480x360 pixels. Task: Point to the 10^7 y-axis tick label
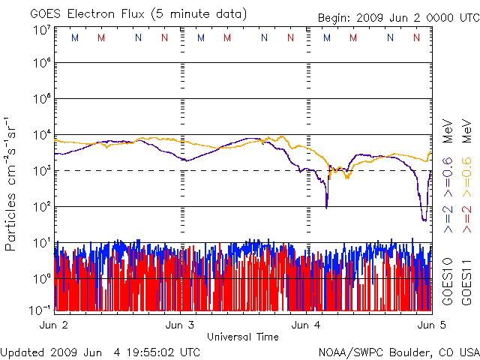click(41, 29)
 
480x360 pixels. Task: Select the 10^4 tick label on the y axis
click(41, 134)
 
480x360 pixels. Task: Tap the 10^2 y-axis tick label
click(41, 206)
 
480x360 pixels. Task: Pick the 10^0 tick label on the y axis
click(41, 278)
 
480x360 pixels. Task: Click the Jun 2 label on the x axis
click(52, 325)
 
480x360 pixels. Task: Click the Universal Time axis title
click(243, 337)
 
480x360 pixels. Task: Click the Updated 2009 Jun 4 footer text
click(100, 351)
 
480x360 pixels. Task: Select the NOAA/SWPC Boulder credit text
click(398, 351)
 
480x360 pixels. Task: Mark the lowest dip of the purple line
click(424, 220)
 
